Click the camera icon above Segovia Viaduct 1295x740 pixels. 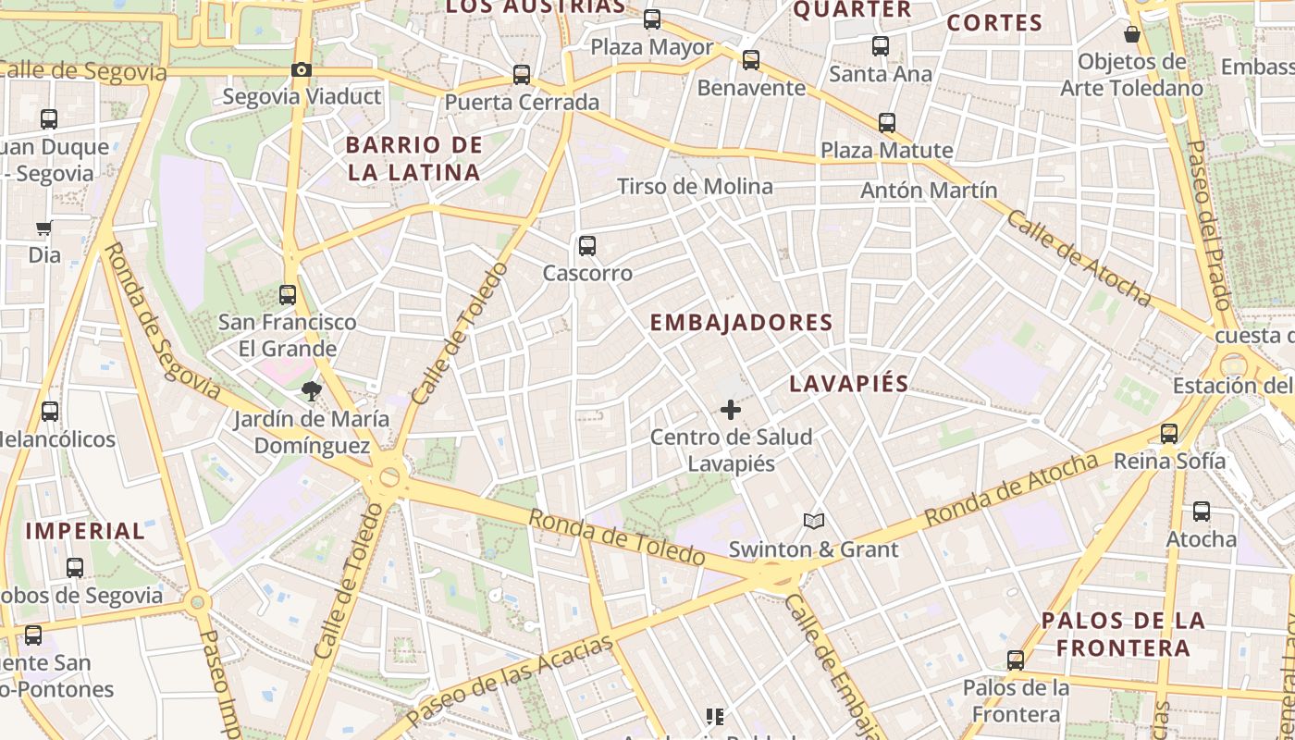(x=301, y=69)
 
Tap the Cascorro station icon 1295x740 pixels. (x=586, y=246)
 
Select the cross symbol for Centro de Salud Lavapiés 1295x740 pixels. (x=731, y=409)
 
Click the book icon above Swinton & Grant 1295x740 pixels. (x=814, y=522)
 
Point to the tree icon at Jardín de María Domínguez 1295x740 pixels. (x=311, y=391)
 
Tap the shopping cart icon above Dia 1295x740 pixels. (x=43, y=228)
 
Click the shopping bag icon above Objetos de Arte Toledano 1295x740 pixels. (x=1131, y=35)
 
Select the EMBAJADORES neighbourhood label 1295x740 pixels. (x=742, y=323)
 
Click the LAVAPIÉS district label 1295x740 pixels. (x=849, y=384)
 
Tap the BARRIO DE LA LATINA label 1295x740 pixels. (x=414, y=158)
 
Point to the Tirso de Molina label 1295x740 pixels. (x=695, y=187)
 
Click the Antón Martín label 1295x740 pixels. (x=929, y=191)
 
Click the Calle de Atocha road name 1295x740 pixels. (x=1079, y=258)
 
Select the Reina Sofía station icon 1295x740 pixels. (x=1169, y=433)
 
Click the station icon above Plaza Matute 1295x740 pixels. (x=887, y=122)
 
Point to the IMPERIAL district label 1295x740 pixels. (x=85, y=531)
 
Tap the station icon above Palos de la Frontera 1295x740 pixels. (x=1016, y=660)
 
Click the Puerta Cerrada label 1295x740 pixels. (x=522, y=103)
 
